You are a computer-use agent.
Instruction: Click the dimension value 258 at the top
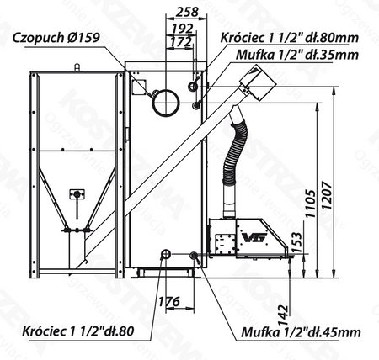click(189, 11)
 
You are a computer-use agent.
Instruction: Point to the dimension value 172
click(179, 40)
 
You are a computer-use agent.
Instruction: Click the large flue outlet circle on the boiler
click(163, 101)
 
